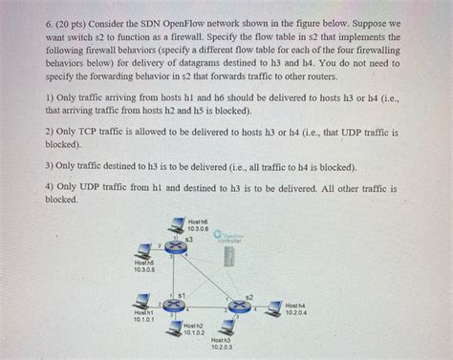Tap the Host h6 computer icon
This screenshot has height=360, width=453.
176,225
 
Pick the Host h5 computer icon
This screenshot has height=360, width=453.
144,251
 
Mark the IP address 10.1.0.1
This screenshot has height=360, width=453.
143,319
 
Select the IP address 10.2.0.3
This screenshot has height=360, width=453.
222,347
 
